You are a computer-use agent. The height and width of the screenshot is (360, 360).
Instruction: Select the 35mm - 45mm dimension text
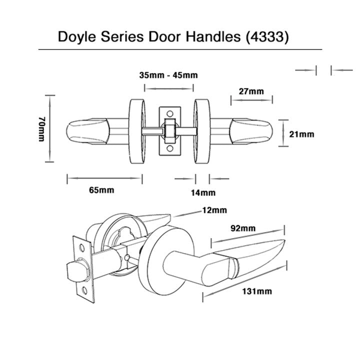click(x=168, y=75)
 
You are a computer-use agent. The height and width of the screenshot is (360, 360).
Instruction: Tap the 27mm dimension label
click(x=251, y=91)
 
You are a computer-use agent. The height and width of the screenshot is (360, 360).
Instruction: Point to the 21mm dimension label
click(x=301, y=133)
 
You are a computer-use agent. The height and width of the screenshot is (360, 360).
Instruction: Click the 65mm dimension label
click(x=101, y=190)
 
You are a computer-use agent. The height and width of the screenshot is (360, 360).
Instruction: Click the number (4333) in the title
click(x=267, y=37)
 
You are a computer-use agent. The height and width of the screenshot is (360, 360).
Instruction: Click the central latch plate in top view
click(x=168, y=131)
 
